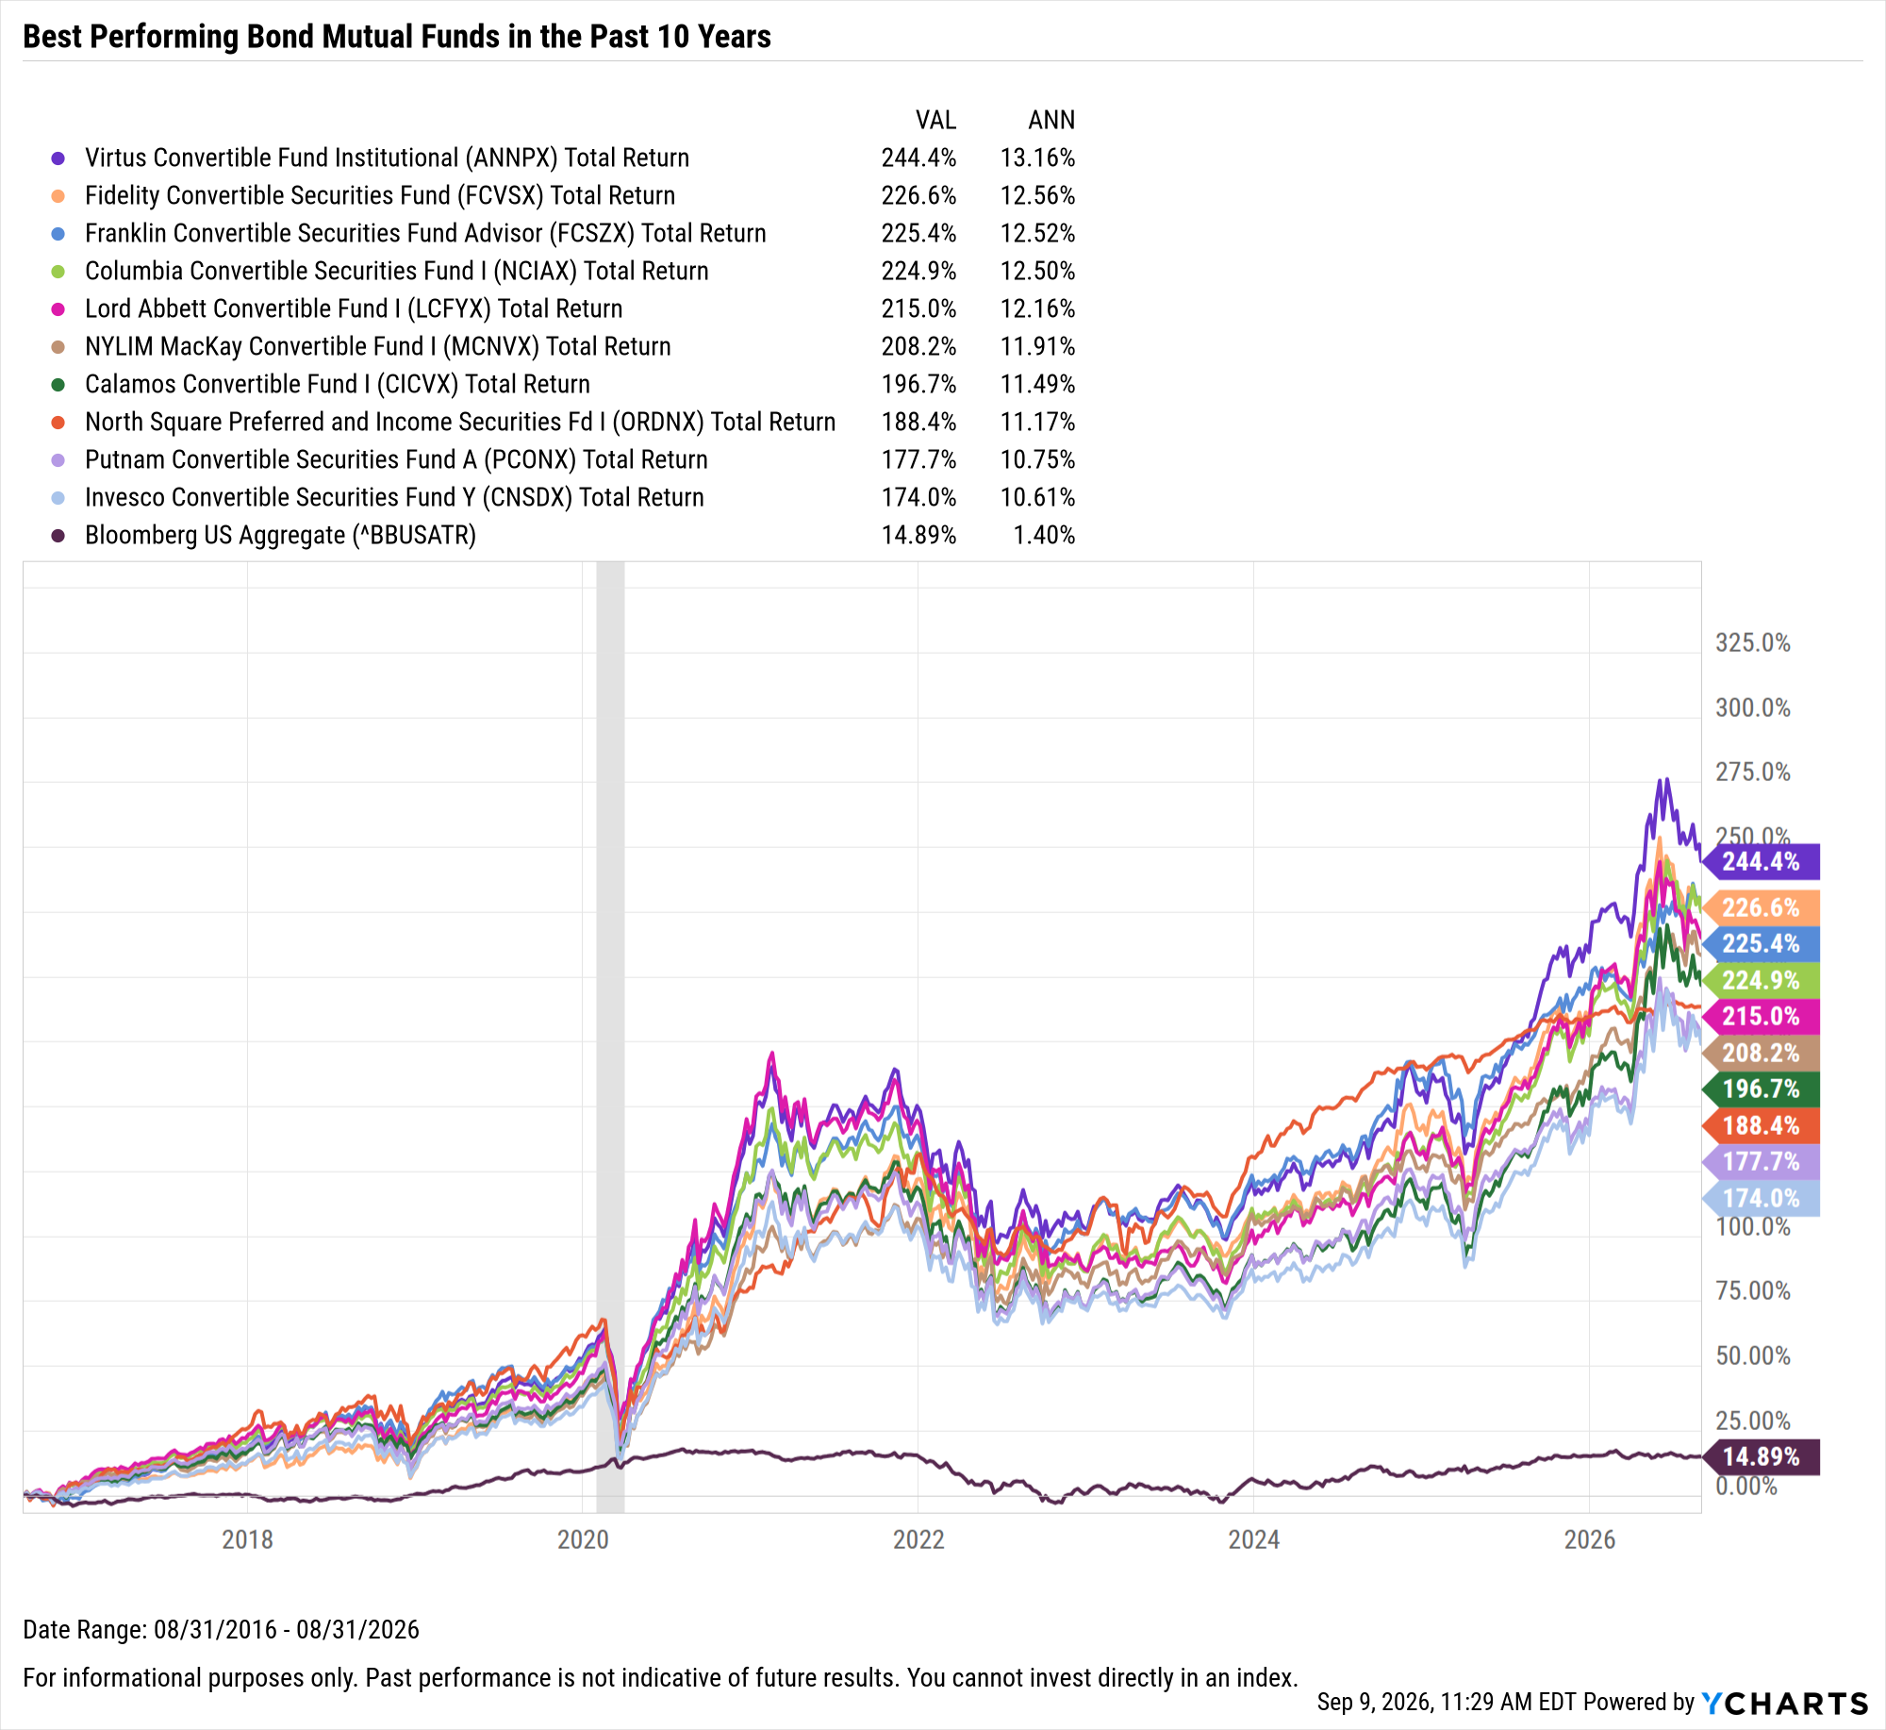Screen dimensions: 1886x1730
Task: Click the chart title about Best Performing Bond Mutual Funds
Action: (397, 37)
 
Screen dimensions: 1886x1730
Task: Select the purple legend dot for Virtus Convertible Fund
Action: (58, 158)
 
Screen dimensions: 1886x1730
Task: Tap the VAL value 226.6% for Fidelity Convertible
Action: (918, 195)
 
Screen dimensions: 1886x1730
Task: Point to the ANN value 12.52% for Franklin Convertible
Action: (1037, 233)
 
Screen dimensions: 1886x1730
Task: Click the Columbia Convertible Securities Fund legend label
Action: (397, 271)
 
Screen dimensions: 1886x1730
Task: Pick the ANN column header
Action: (1051, 120)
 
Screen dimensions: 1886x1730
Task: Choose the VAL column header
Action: (935, 120)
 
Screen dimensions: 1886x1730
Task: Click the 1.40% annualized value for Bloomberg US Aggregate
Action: (1044, 535)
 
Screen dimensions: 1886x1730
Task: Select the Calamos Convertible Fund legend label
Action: (338, 384)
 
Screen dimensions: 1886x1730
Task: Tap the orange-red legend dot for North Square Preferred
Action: (58, 423)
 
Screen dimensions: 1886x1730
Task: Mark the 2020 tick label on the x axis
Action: (583, 1539)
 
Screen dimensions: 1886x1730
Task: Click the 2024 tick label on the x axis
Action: (1253, 1539)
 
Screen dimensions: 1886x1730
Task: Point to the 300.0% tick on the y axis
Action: (1753, 707)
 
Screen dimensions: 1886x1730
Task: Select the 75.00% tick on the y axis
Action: (1753, 1290)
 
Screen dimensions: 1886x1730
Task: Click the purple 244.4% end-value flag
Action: (1761, 861)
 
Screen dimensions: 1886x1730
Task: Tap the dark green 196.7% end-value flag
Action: (1761, 1089)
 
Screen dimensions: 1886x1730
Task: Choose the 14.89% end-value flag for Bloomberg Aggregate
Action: (1761, 1456)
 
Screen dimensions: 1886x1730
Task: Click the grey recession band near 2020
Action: (610, 1037)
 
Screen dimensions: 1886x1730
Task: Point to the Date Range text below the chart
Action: (222, 1629)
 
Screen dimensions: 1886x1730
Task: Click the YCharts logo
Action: (1785, 1703)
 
